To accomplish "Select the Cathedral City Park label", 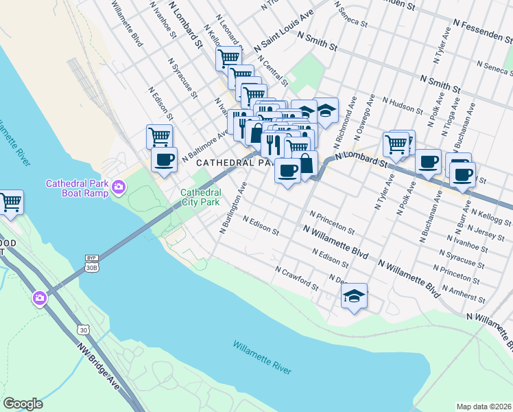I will [200, 198].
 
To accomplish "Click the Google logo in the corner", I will [23, 404].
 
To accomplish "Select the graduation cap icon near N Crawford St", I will [354, 296].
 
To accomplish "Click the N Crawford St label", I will [296, 277].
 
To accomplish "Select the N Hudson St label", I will [403, 107].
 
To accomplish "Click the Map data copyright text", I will [483, 407].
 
